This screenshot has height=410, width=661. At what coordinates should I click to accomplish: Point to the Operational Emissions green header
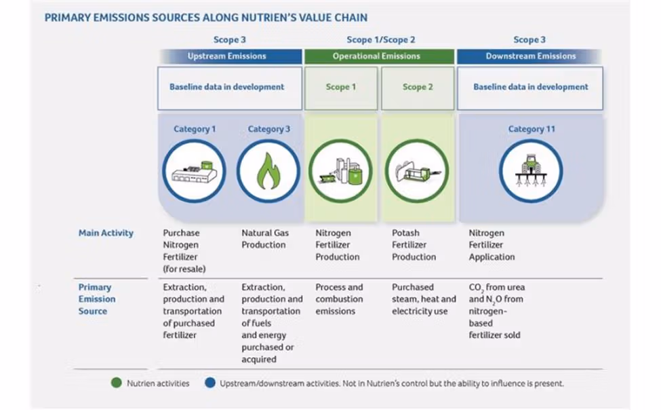click(x=379, y=56)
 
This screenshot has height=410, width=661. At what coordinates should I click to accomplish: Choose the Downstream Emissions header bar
click(x=530, y=56)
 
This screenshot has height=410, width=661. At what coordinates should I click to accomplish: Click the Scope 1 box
click(x=341, y=88)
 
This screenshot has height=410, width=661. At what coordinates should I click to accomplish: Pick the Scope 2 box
click(x=418, y=88)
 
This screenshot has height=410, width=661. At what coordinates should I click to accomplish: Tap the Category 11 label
click(x=531, y=129)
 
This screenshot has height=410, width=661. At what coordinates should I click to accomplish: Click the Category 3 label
click(x=269, y=129)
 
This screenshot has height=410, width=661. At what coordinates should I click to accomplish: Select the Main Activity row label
click(x=106, y=233)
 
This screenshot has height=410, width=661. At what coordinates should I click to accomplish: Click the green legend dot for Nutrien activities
click(x=117, y=383)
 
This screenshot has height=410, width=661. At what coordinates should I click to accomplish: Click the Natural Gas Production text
click(x=265, y=239)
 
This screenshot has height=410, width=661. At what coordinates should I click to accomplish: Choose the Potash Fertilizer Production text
click(x=414, y=245)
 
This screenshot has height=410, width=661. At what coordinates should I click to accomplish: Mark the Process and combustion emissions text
click(x=339, y=299)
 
